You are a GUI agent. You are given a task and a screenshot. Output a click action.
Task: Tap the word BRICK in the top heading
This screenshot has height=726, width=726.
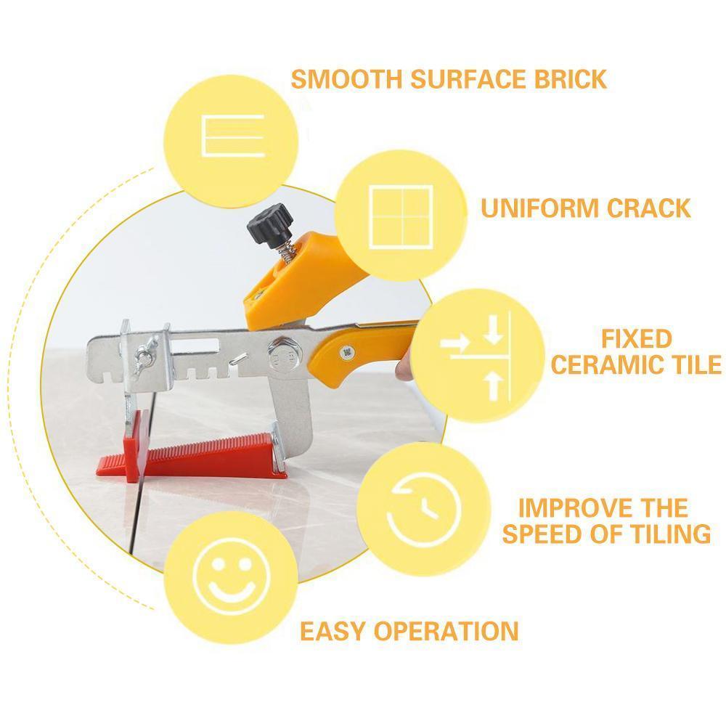click(570, 79)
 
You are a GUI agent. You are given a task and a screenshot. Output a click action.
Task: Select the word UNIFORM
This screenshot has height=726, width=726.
click(539, 208)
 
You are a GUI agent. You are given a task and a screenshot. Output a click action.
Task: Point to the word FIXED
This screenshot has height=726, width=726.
click(637, 339)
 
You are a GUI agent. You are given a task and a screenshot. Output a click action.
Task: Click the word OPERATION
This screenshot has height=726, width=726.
click(446, 631)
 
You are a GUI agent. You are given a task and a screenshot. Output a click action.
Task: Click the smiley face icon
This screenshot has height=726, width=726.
click(232, 576)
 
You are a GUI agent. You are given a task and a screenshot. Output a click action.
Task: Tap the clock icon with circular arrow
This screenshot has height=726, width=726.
click(424, 510)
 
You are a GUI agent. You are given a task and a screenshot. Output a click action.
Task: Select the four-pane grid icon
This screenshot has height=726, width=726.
click(401, 217)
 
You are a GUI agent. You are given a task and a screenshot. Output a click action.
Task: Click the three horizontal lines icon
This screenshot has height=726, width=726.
click(233, 136)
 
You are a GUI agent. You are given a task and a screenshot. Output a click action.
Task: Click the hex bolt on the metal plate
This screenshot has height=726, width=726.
click(280, 354)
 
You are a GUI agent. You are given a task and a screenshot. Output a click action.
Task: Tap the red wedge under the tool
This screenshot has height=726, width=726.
click(191, 455)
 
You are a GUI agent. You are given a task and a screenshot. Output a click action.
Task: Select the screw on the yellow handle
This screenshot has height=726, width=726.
click(347, 352)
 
